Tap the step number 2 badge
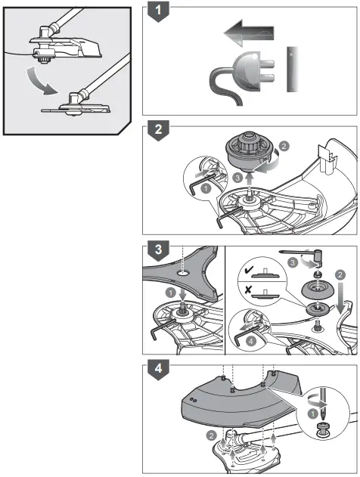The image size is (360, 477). (157, 129)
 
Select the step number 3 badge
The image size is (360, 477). (157, 248)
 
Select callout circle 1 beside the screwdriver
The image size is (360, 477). (312, 436)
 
